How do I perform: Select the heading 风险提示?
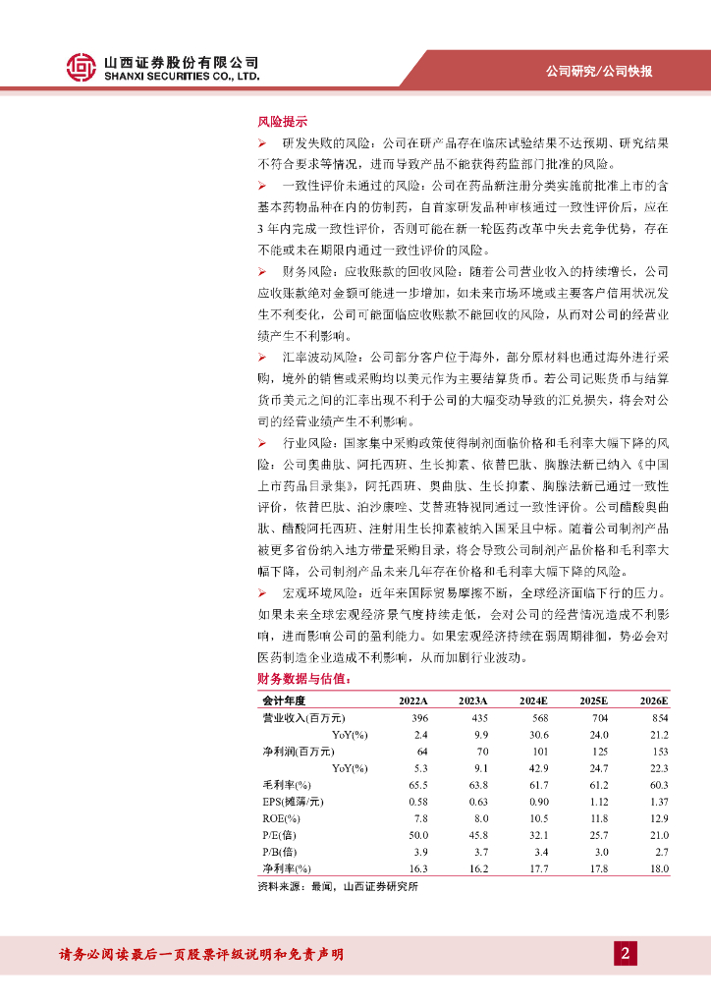coord(282,123)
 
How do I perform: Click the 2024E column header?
coord(532,700)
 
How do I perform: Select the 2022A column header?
coord(412,700)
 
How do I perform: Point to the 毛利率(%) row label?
coord(286,785)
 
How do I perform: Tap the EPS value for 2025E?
coord(596,802)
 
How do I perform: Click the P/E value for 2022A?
coord(417,835)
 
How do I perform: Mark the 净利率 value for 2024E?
coord(536,868)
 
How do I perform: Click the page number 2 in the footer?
coord(625,953)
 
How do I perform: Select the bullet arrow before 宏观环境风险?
coord(262,593)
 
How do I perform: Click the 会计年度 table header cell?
coord(284,700)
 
